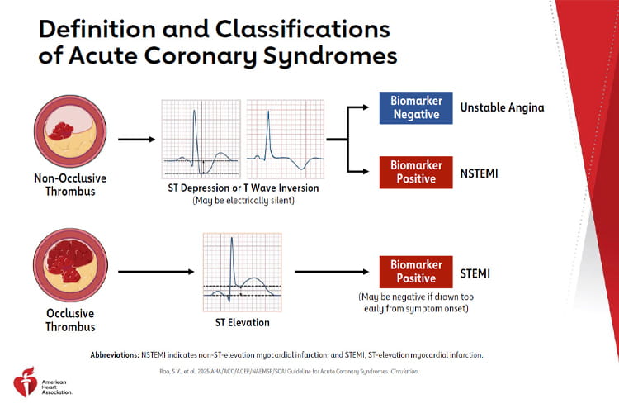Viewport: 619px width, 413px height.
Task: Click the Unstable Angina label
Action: point(502,107)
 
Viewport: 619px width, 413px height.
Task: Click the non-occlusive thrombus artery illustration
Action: point(65,137)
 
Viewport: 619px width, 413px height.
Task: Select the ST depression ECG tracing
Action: point(199,137)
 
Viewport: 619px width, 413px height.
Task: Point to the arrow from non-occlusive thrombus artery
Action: point(135,138)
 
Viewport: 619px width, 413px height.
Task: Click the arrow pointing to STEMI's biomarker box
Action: point(330,271)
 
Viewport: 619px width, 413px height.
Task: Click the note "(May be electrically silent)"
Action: point(239,201)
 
